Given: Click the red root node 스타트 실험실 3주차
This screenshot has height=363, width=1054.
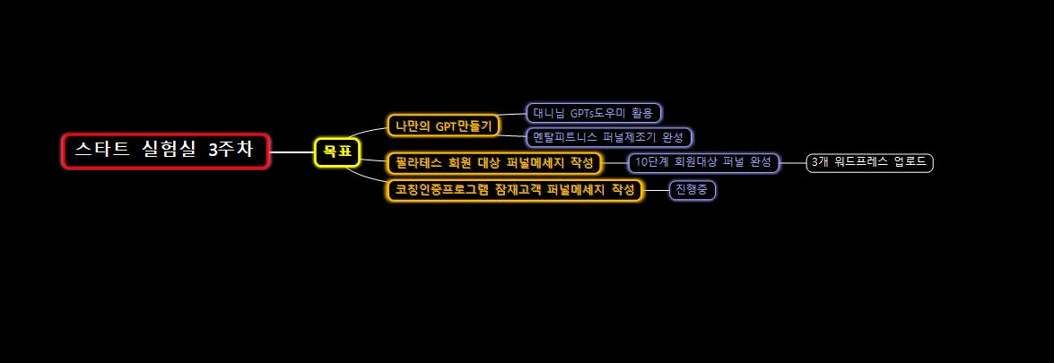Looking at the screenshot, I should pyautogui.click(x=166, y=151).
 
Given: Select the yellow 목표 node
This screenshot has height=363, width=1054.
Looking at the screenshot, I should pyautogui.click(x=337, y=151).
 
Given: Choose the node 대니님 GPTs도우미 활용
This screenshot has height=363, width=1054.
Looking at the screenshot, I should pyautogui.click(x=593, y=113).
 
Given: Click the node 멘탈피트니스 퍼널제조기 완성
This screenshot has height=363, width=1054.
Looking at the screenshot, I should pyautogui.click(x=609, y=137).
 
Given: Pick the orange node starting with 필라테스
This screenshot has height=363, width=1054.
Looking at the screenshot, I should pyautogui.click(x=494, y=163).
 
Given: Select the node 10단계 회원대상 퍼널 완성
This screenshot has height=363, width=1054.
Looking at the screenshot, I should pyautogui.click(x=703, y=162).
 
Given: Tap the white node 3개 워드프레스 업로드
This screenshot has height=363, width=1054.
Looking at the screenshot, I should pyautogui.click(x=869, y=162).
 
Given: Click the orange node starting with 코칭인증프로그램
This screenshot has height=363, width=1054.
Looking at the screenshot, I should pyautogui.click(x=515, y=190).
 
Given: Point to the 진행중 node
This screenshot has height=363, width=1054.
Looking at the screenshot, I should pyautogui.click(x=692, y=190).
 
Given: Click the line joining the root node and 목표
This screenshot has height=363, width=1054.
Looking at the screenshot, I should pyautogui.click(x=292, y=151).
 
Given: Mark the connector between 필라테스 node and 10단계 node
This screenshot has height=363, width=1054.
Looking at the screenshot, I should pyautogui.click(x=614, y=163).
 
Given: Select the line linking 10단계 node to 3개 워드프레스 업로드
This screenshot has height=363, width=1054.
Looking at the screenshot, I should pyautogui.click(x=793, y=162).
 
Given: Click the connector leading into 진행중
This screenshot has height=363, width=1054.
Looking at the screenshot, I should pyautogui.click(x=657, y=190).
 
